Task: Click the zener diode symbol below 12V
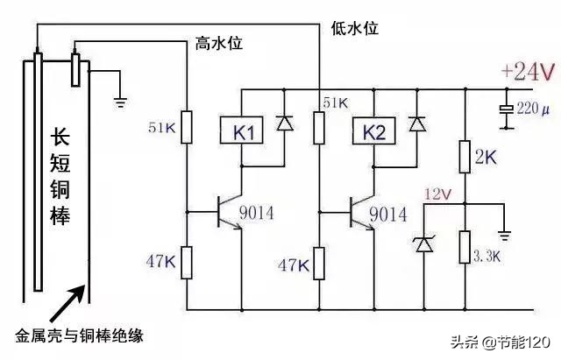424,244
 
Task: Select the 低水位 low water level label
355,28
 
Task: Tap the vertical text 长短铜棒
60,175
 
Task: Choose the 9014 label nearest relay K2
388,212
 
